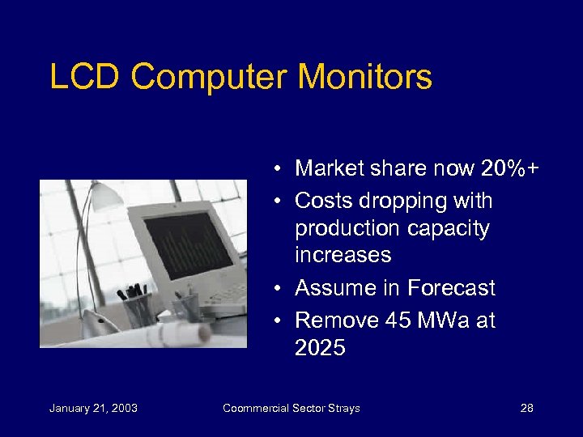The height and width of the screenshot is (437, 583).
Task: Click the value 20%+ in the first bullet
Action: coord(511,168)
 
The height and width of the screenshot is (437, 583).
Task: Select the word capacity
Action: coord(451,229)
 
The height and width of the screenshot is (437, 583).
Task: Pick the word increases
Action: coord(343,256)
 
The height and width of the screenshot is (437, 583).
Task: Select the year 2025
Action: coord(320,348)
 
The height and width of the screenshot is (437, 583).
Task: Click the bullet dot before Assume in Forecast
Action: coord(277,289)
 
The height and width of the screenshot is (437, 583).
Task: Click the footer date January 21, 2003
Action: coord(93,408)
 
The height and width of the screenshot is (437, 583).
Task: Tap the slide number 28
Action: coord(526,408)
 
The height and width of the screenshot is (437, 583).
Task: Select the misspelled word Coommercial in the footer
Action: coord(257,408)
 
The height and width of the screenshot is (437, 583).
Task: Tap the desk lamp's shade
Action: coord(103,195)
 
